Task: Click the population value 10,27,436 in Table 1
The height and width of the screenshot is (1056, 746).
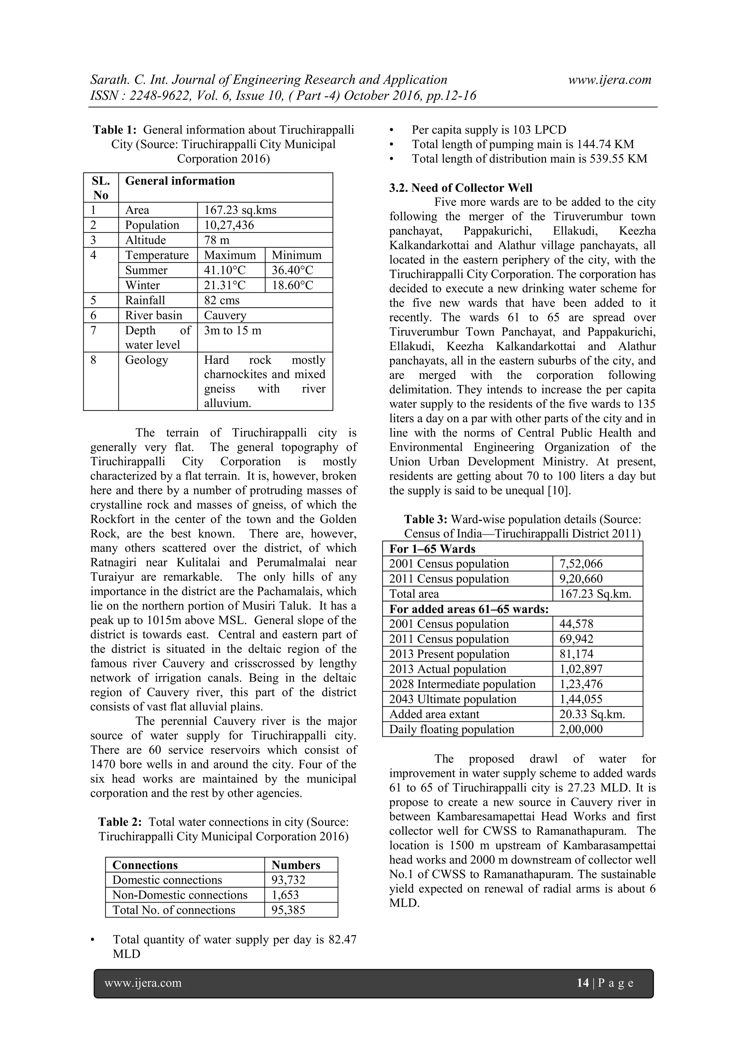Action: (229, 225)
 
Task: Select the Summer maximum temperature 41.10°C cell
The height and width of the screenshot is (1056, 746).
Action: (225, 270)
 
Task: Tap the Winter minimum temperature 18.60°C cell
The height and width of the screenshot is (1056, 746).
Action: (292, 285)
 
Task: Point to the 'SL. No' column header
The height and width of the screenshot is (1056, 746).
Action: (101, 188)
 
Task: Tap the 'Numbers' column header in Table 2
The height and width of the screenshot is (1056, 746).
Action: (295, 865)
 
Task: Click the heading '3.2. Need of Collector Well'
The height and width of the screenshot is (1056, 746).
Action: (460, 188)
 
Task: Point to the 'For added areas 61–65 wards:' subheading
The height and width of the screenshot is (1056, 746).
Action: (469, 609)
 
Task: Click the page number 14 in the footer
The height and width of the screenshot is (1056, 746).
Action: (582, 983)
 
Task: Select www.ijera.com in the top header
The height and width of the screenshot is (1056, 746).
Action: (609, 79)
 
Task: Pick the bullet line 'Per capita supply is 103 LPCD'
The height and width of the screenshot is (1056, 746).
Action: (488, 130)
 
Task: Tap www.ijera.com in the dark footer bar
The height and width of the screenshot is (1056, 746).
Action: (143, 983)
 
